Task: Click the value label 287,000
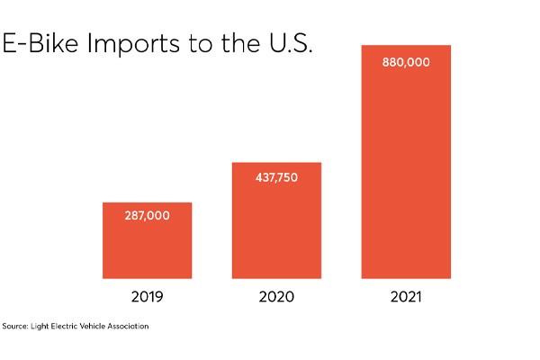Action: coord(147,216)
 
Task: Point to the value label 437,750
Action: coord(276,177)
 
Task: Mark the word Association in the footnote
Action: coord(126,326)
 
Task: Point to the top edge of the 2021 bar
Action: coord(406,45)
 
